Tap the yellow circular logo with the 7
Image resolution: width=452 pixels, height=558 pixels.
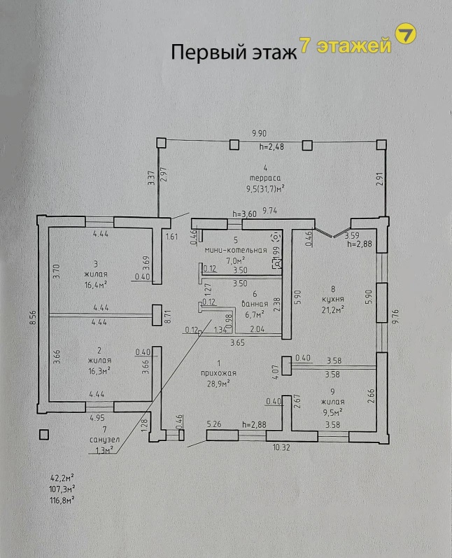coord(405,35)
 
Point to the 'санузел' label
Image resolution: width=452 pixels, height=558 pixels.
coord(105,440)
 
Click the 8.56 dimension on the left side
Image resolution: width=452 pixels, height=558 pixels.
coord(33,319)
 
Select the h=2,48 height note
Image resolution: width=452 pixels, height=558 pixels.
coord(271,147)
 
